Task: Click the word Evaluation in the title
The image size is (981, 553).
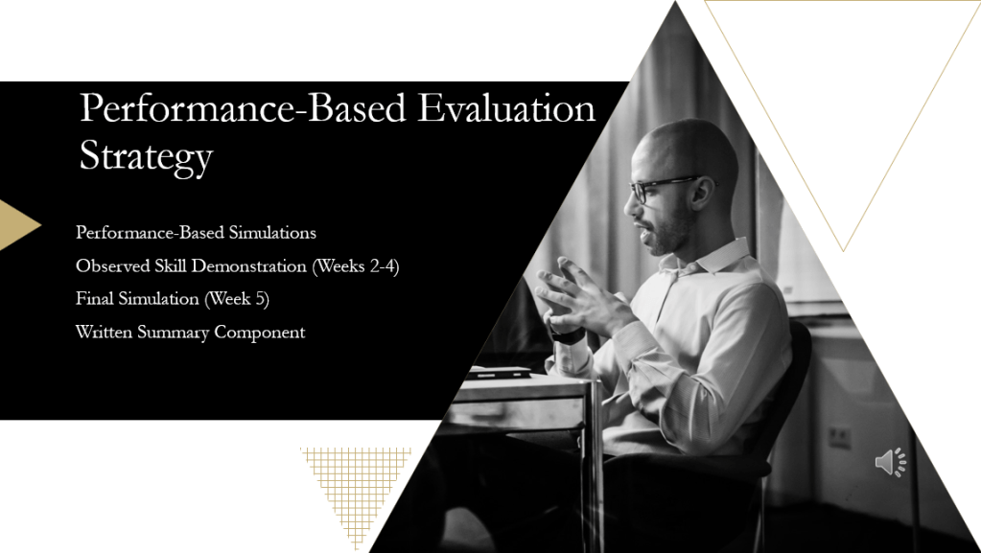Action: coord(506,107)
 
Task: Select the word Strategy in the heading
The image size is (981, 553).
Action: coord(147,156)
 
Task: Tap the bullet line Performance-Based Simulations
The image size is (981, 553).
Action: coord(196,233)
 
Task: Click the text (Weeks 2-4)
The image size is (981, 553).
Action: coord(356,266)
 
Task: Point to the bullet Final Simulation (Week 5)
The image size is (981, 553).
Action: coord(173,299)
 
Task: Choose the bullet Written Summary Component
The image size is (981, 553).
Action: coord(190,333)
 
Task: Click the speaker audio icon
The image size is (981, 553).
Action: coord(890,462)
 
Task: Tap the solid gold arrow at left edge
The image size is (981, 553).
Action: coord(19,224)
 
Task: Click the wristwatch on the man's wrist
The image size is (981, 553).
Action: coord(568,336)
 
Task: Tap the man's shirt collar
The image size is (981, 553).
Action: coord(707,257)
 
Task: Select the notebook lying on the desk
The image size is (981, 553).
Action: coord(499,373)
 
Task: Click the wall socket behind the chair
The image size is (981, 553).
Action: coord(840,437)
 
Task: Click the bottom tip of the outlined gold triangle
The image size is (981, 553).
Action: coord(843,251)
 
